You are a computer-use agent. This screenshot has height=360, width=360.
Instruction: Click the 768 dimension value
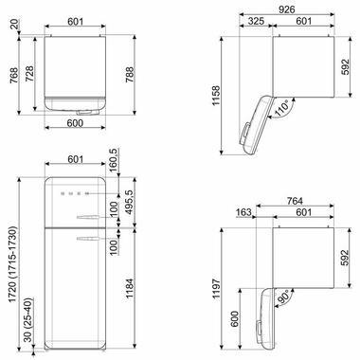[x=11, y=71]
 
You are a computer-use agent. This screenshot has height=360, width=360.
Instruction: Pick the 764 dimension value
[x=295, y=202]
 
